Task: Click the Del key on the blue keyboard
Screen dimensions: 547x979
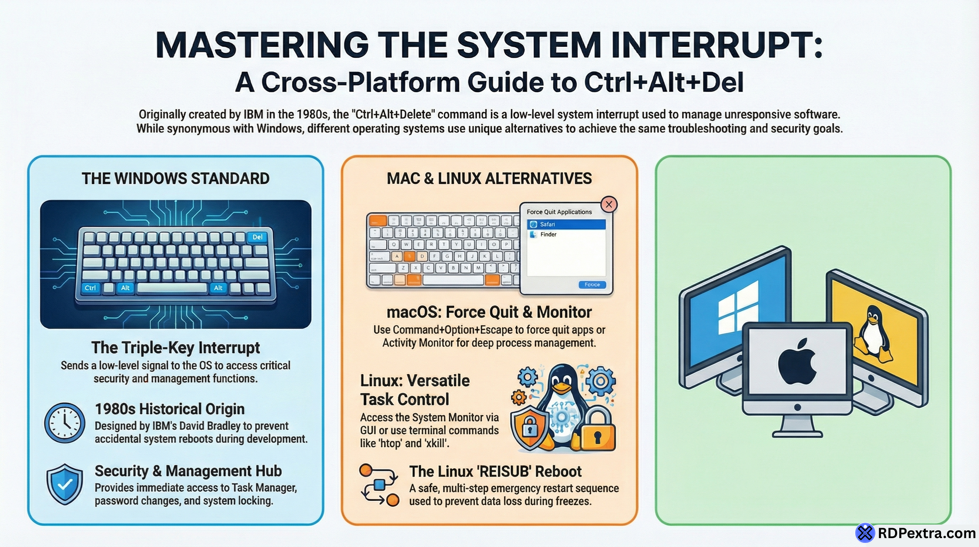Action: pos(257,237)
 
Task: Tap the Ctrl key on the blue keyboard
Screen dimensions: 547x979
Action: pos(90,288)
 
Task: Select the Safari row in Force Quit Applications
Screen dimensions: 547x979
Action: pos(566,224)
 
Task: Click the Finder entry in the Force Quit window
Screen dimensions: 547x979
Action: pos(548,234)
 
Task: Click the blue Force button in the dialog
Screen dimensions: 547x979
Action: pos(592,285)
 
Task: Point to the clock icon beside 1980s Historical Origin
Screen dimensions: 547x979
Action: pos(65,423)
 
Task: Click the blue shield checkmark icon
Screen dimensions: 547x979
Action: pos(65,484)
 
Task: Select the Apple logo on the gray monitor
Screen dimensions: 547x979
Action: pos(797,361)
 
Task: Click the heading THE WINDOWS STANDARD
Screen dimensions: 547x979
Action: pos(176,178)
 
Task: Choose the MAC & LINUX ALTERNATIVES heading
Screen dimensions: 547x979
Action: pos(489,178)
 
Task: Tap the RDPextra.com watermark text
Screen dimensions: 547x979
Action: pos(926,533)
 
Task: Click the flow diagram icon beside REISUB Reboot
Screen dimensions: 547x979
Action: pos(379,485)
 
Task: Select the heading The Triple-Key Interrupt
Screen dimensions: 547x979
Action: pos(176,348)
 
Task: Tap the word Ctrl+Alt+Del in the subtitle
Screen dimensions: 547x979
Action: pos(663,82)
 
